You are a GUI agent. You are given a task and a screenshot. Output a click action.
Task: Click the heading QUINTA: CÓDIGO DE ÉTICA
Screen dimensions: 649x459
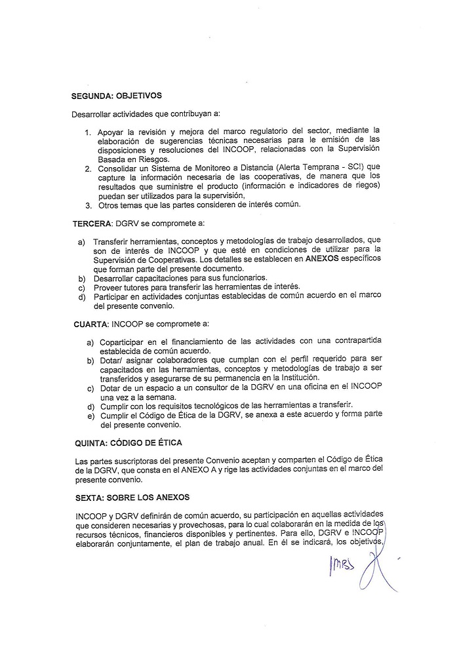click(x=127, y=442)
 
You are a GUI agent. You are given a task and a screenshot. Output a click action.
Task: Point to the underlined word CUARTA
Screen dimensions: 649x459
click(x=92, y=323)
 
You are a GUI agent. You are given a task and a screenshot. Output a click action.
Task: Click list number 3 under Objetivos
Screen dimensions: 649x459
click(x=89, y=205)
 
